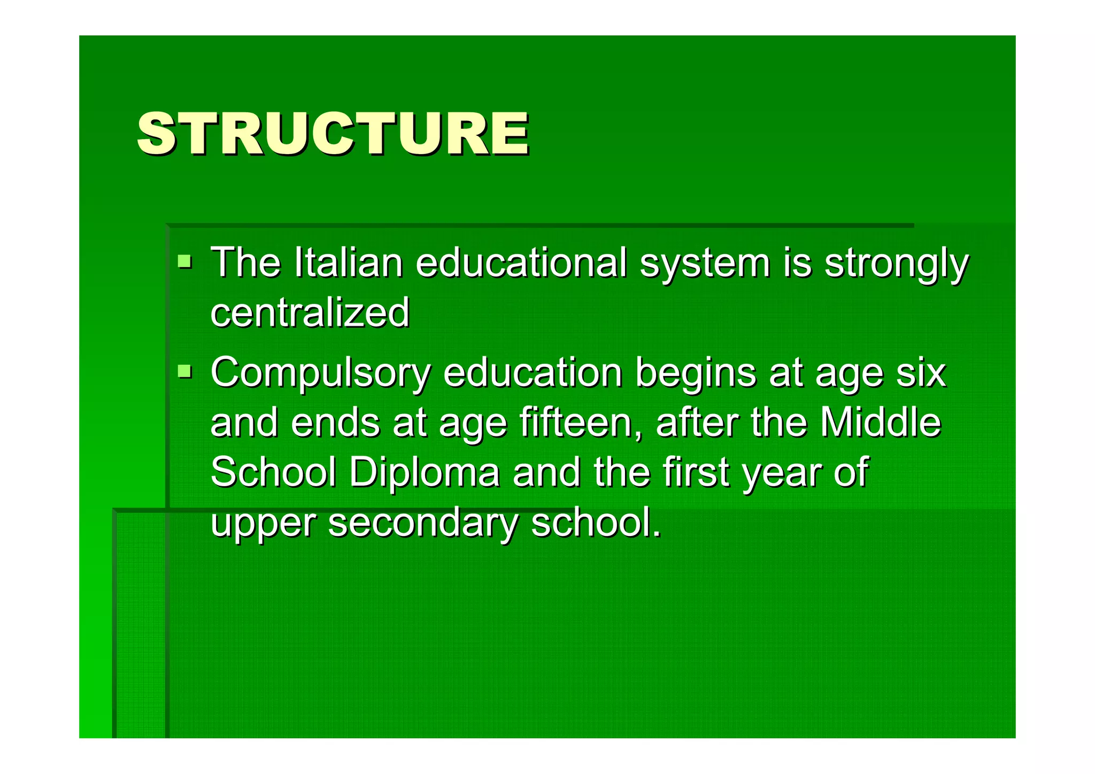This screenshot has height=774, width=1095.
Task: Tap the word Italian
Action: click(x=348, y=263)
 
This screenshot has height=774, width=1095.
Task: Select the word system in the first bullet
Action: click(x=705, y=263)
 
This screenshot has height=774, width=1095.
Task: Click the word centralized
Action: click(x=310, y=312)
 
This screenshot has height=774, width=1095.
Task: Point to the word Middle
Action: click(x=880, y=422)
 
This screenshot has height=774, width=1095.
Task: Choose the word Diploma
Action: click(x=425, y=472)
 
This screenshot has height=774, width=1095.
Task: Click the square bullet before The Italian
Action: click(x=184, y=262)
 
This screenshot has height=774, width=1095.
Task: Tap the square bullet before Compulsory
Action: click(x=184, y=371)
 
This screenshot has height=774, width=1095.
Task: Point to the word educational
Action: click(x=521, y=263)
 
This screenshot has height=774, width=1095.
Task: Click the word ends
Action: click(x=335, y=422)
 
